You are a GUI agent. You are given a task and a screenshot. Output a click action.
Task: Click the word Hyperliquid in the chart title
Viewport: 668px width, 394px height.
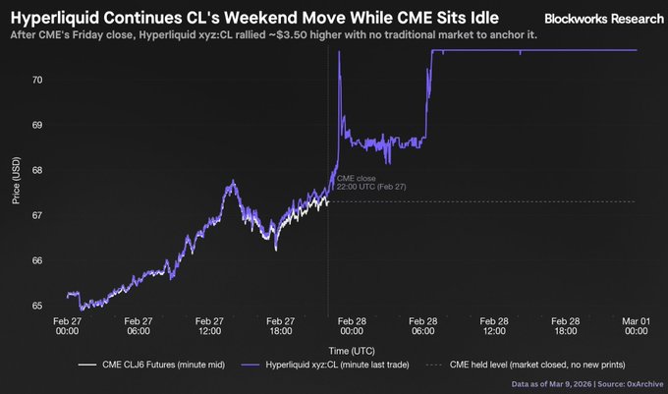point(56,17)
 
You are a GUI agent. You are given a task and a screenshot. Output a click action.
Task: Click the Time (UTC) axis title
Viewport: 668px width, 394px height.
point(352,349)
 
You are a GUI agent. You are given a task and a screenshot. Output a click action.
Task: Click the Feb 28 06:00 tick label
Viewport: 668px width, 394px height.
point(424,326)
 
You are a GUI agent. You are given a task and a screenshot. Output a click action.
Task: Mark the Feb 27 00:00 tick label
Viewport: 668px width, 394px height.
point(68,326)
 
